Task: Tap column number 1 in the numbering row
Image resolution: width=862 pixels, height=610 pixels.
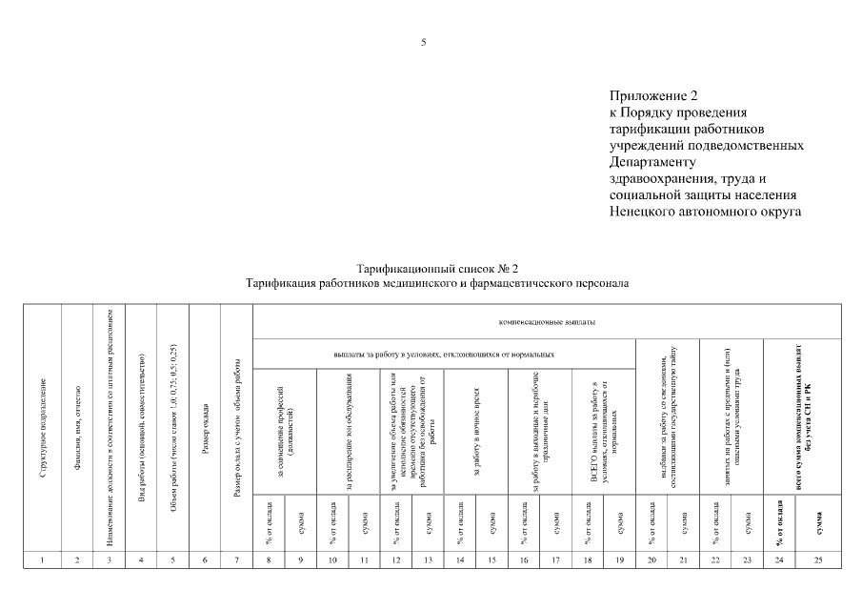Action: tap(44, 559)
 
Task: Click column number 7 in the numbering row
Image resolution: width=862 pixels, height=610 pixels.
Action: tap(236, 559)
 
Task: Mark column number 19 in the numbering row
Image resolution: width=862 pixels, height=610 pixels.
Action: tap(620, 559)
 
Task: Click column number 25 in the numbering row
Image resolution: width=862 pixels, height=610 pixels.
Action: tap(817, 559)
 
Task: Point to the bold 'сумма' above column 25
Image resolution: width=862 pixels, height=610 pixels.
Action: tap(817, 521)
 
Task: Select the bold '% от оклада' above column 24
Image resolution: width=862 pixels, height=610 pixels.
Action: tap(779, 521)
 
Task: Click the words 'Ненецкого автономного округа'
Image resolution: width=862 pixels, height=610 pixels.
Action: tap(705, 211)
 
